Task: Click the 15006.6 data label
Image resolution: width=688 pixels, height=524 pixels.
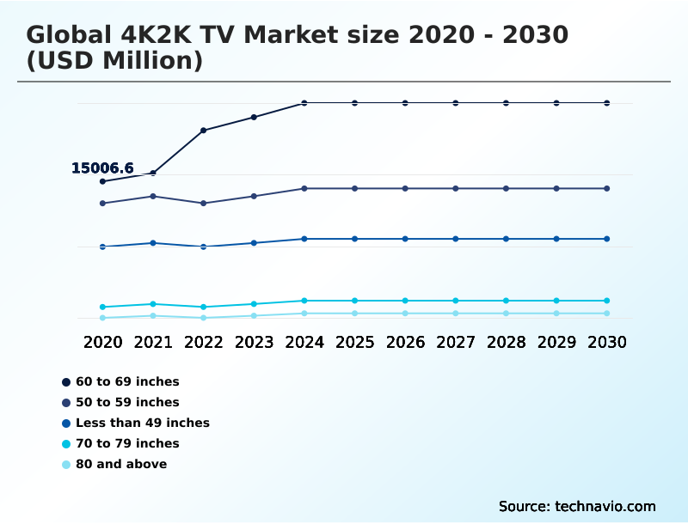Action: [102, 168]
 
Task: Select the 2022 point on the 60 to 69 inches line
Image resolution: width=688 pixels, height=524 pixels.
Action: [204, 131]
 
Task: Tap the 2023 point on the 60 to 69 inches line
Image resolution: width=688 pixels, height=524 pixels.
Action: [254, 117]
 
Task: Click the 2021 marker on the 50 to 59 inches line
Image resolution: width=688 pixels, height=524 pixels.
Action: [153, 196]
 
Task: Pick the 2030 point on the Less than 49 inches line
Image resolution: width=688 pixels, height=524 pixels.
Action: [607, 239]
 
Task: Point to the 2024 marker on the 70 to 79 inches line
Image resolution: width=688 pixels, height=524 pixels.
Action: [304, 301]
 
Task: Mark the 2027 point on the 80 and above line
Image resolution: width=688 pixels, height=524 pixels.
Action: [456, 314]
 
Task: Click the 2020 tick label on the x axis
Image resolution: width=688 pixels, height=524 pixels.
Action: [102, 342]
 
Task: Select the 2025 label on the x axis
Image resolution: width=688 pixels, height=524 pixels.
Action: [354, 342]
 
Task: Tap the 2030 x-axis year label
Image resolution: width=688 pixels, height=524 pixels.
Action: [607, 342]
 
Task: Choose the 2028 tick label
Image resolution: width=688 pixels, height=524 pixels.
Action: [506, 342]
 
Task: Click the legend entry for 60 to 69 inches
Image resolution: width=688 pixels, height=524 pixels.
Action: [126, 381]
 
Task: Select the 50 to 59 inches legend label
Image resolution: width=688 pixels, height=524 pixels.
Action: [126, 402]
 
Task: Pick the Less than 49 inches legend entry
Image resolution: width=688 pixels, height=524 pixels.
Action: [142, 423]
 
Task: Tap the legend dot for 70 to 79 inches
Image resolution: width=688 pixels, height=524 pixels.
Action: [66, 443]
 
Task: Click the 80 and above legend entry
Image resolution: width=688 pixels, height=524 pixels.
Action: [120, 464]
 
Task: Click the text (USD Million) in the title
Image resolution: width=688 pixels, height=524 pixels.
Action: [114, 61]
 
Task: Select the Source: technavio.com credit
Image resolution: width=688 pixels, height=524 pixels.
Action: [577, 506]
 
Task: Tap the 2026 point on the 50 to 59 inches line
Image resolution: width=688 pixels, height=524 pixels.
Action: [405, 188]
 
